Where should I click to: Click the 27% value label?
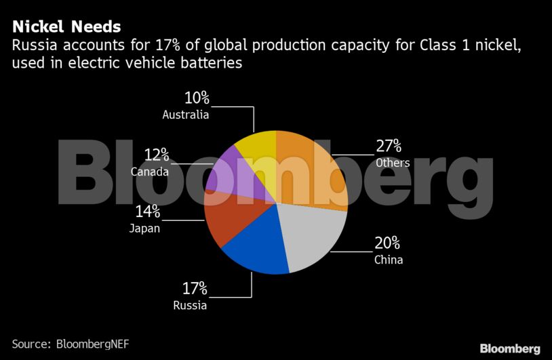[x=389, y=146]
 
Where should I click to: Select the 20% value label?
[x=387, y=243]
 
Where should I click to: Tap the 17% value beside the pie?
[x=194, y=289]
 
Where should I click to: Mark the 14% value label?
[x=146, y=211]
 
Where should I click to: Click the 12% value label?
[x=156, y=155]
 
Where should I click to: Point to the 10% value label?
[x=196, y=98]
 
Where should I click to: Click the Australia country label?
[x=185, y=115]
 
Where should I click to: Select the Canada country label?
[x=150, y=172]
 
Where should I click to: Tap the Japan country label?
[x=144, y=228]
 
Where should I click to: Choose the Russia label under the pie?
[x=190, y=305]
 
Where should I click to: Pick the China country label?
[x=389, y=260]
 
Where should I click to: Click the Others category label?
[x=393, y=163]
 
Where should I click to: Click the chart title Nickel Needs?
[x=66, y=26]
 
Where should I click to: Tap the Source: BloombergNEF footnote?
[x=71, y=344]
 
